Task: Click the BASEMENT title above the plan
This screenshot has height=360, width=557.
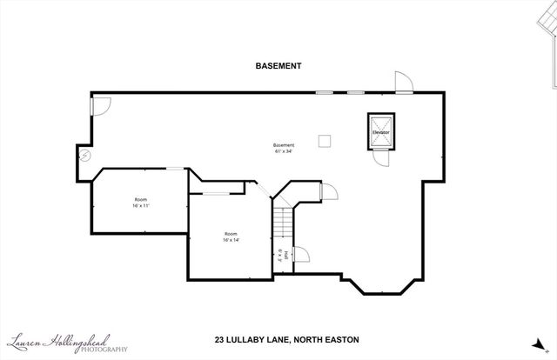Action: pyautogui.click(x=278, y=65)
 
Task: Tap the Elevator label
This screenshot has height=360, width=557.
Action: pyautogui.click(x=381, y=132)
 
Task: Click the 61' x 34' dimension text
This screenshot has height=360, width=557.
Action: pyautogui.click(x=284, y=150)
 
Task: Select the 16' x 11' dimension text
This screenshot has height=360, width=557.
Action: pyautogui.click(x=141, y=206)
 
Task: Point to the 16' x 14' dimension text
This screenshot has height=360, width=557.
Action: pyautogui.click(x=231, y=240)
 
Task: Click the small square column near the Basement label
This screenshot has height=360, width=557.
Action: pyautogui.click(x=324, y=140)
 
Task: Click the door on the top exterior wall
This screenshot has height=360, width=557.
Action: pyautogui.click(x=403, y=83)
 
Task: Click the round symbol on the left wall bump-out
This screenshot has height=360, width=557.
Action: pyautogui.click(x=85, y=156)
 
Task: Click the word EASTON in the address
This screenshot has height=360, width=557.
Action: pyautogui.click(x=341, y=340)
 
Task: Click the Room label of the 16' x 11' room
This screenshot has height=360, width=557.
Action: pyautogui.click(x=141, y=199)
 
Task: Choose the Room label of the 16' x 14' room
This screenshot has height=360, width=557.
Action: pyautogui.click(x=231, y=233)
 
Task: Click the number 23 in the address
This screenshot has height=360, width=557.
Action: pyautogui.click(x=220, y=340)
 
